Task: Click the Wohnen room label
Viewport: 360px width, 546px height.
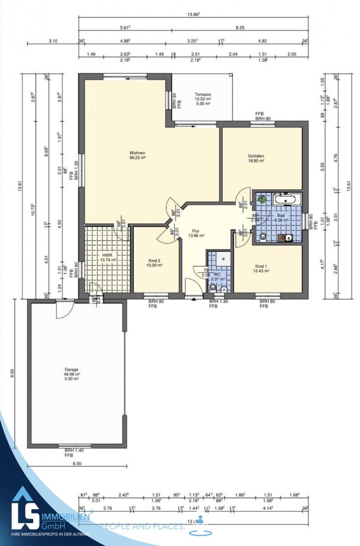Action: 137,153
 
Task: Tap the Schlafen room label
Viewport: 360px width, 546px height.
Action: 256,156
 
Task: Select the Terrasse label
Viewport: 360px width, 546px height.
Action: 203,95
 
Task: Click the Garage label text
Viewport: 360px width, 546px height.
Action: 72,369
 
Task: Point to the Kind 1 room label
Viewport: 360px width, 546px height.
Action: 261,266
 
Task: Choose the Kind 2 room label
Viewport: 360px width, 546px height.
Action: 154,260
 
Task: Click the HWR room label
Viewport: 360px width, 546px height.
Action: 102,255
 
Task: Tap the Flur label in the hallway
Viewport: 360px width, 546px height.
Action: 196,231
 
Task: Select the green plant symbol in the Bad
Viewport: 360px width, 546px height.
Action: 262,199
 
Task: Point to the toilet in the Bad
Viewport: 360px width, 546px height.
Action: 263,236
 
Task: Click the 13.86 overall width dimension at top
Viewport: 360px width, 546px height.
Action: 193,14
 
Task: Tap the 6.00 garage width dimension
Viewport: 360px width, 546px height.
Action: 77,463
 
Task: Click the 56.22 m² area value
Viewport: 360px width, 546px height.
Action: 137,158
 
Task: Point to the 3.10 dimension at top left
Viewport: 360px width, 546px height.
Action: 53,41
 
